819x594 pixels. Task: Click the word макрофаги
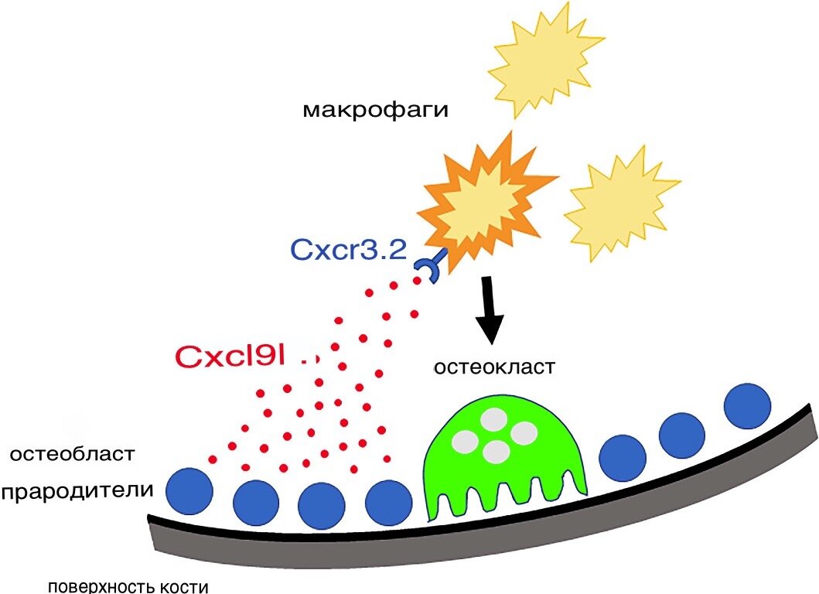(x=376, y=110)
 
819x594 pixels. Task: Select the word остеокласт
(x=493, y=366)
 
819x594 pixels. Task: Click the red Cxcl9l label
(x=231, y=357)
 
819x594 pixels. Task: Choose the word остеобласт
(x=73, y=453)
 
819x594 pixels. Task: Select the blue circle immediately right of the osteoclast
(x=622, y=457)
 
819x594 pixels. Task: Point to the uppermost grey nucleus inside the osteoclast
(x=490, y=420)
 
